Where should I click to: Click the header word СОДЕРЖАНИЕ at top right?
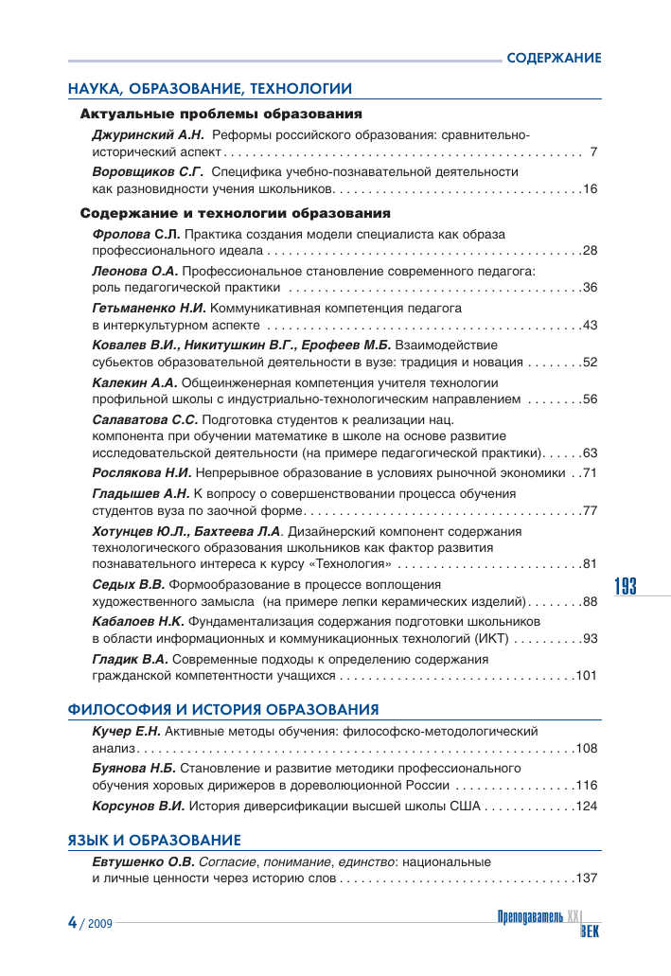[x=554, y=58]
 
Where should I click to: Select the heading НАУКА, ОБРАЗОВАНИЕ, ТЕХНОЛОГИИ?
[x=209, y=89]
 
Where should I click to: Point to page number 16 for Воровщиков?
[x=591, y=189]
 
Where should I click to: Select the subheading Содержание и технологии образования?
[x=236, y=213]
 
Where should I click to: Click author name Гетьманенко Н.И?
[x=148, y=309]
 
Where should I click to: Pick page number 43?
[x=591, y=325]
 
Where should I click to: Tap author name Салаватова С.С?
[x=145, y=418]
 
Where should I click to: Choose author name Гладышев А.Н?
[x=141, y=493]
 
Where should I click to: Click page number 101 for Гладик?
[x=587, y=675]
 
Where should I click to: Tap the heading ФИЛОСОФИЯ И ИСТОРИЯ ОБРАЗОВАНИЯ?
[x=223, y=709]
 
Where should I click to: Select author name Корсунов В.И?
[x=138, y=807]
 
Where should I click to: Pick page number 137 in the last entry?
[x=587, y=878]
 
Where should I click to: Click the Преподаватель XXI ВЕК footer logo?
[x=548, y=923]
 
